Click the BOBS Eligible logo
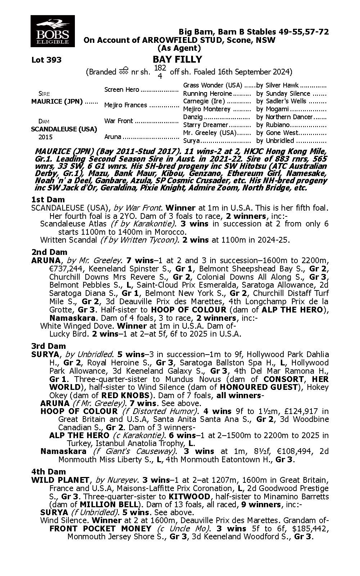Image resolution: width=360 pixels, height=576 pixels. coord(53,31)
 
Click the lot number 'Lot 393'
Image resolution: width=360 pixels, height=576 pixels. coord(46,60)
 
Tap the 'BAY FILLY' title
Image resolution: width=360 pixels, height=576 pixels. coord(177,59)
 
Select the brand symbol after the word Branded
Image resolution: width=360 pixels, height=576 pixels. coord(123,71)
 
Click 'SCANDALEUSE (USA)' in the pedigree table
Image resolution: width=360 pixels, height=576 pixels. coord(64,129)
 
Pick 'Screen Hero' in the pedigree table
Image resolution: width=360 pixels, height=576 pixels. coord(122,90)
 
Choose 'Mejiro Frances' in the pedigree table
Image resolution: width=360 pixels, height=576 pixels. coord(125,105)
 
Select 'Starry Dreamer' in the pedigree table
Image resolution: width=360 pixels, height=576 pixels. coord(206,125)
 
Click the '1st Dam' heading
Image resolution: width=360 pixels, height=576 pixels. coord(48,199)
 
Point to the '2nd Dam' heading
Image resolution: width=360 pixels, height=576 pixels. coord(49,252)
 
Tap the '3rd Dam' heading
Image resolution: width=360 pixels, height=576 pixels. coord(49,346)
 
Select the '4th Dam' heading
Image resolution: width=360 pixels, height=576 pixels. coord(49,472)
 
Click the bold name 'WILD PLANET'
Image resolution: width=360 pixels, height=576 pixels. coord(60,480)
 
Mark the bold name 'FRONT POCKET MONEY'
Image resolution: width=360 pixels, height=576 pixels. coord(100,528)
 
